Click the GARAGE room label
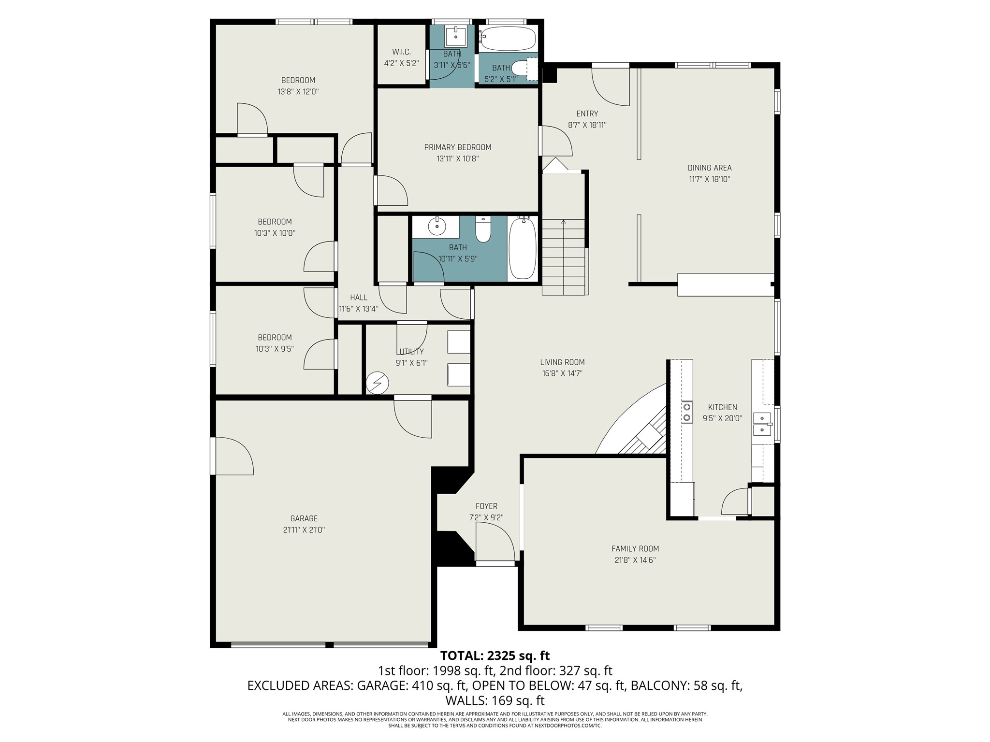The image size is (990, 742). (304, 518)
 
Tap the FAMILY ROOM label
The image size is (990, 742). (635, 549)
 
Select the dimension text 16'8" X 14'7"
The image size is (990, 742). (562, 373)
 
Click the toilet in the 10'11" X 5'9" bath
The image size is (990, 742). (483, 230)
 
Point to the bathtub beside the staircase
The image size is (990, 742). (523, 247)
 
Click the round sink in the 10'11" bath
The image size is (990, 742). (437, 226)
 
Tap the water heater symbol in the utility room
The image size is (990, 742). (377, 384)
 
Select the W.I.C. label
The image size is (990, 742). (401, 52)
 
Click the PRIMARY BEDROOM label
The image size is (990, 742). (457, 147)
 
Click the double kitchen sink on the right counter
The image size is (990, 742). (762, 424)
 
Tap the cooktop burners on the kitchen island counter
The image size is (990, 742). (686, 412)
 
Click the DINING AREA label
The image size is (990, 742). (709, 168)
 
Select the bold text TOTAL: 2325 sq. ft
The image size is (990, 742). (495, 656)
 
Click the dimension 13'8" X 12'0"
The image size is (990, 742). (298, 91)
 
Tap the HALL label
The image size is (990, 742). (358, 298)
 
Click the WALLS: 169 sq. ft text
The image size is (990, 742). (495, 700)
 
